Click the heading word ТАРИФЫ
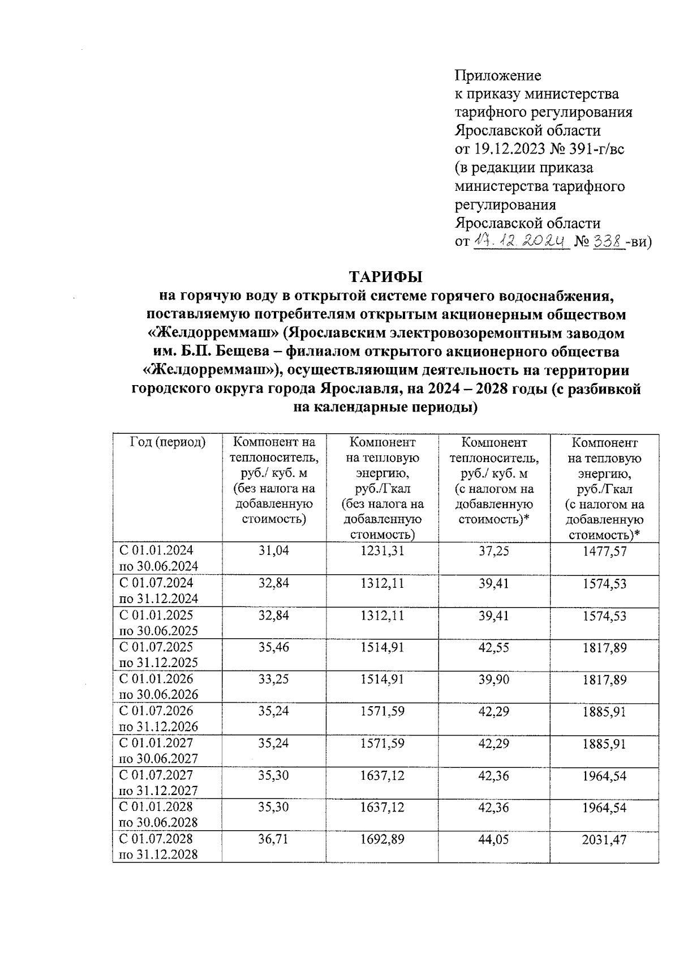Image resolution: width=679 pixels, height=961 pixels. point(386,277)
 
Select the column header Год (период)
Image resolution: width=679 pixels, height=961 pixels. point(167,442)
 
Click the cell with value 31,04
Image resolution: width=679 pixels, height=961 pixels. point(274,550)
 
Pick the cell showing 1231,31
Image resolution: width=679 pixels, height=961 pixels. point(382,550)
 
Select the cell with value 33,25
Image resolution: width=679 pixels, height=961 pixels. point(274,679)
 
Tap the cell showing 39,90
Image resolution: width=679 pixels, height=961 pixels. point(493,679)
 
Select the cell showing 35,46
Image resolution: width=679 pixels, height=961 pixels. point(274,647)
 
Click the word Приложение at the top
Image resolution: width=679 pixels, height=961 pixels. point(498,75)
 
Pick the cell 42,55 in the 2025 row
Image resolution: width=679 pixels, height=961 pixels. point(493,647)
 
